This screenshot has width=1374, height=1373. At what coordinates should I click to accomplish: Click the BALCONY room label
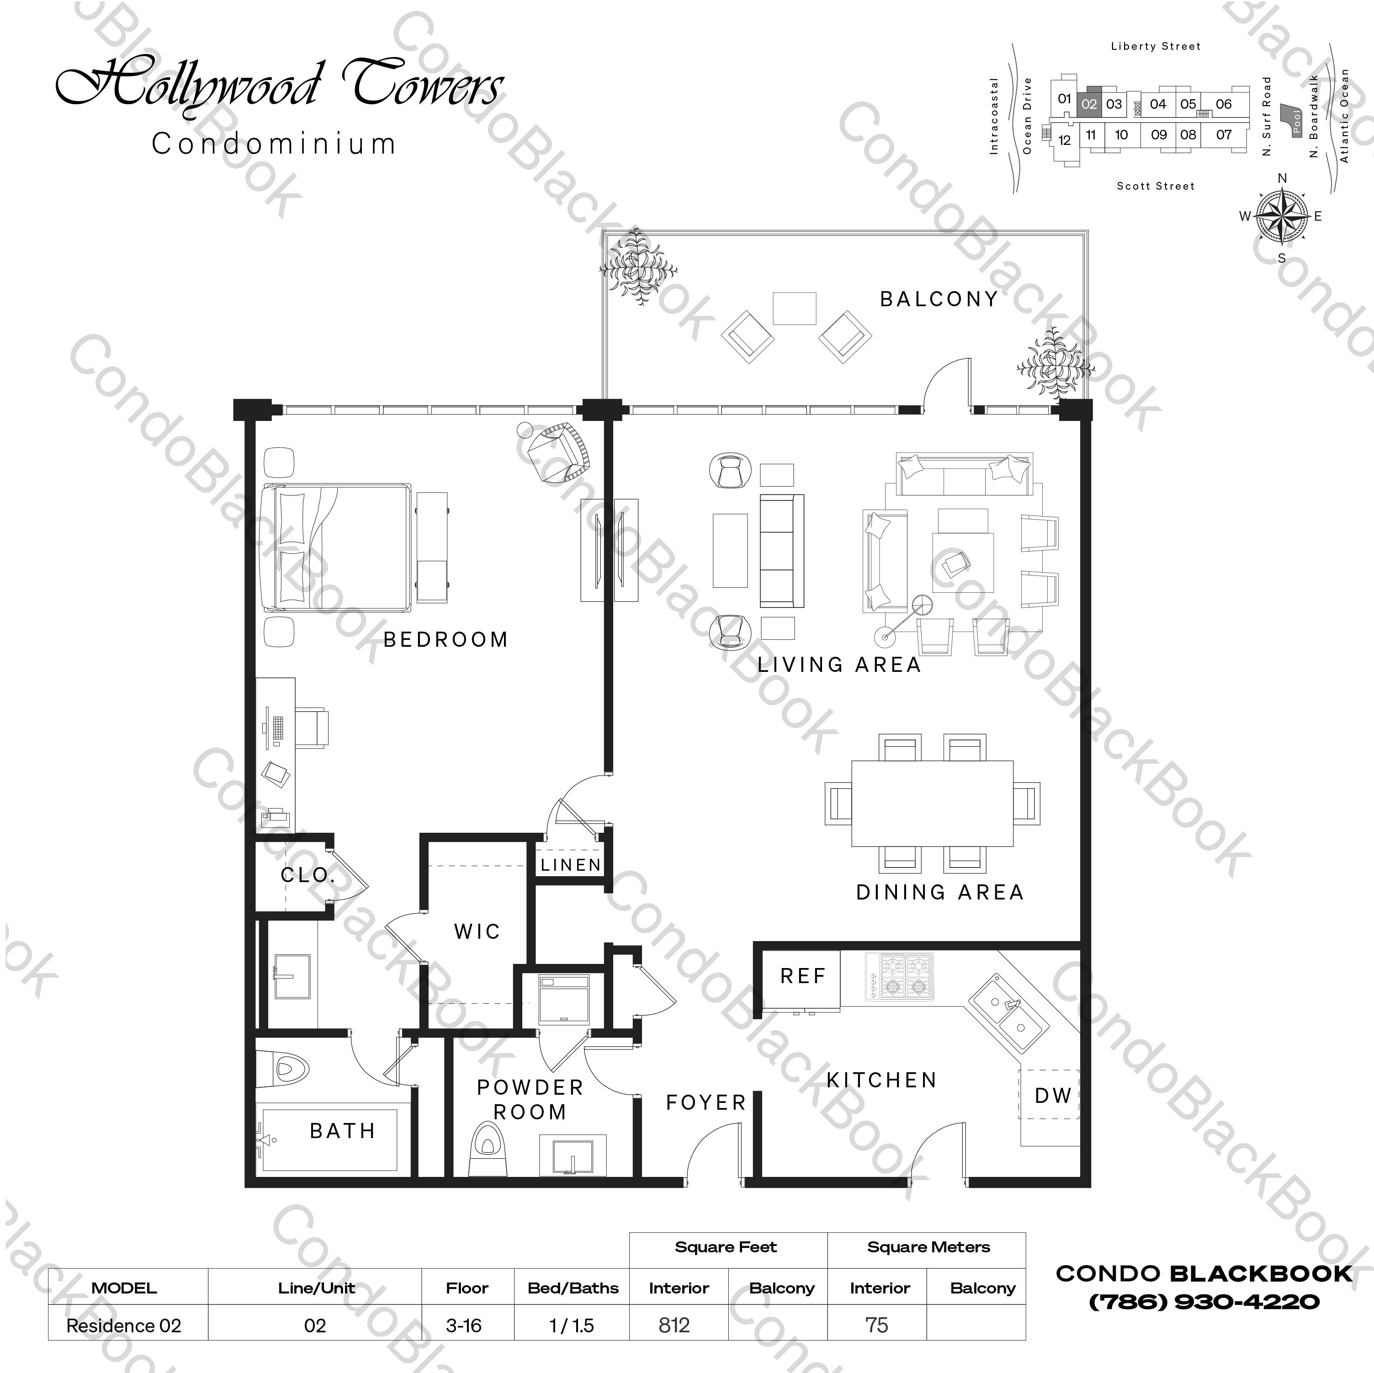click(939, 299)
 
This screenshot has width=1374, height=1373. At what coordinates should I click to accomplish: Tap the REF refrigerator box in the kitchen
click(802, 976)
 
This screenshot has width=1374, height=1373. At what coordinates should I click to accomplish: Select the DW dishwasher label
click(1052, 1096)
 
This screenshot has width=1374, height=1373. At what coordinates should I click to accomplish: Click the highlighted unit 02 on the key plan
click(1089, 104)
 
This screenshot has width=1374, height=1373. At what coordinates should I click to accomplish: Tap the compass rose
click(1282, 216)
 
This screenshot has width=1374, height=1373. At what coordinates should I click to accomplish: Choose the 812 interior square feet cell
click(674, 1325)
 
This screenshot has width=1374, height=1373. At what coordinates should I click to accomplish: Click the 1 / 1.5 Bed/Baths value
click(572, 1325)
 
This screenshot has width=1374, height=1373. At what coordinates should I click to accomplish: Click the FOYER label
click(706, 1103)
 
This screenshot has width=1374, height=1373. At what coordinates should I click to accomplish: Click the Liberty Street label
click(1155, 46)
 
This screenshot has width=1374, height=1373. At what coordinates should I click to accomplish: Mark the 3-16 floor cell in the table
click(464, 1325)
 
